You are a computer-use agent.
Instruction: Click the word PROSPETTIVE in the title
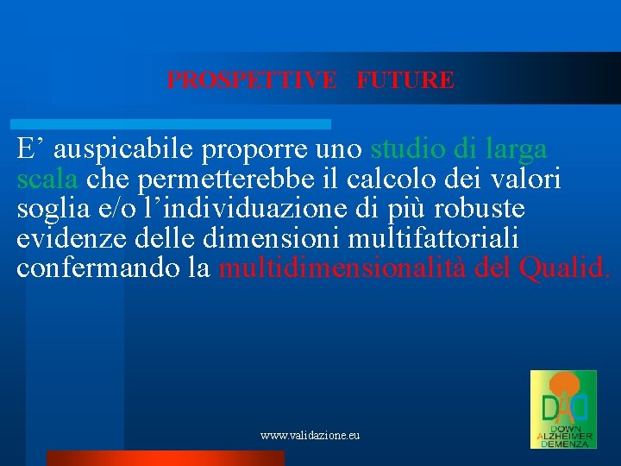pyautogui.click(x=251, y=80)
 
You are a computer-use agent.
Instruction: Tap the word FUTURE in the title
pyautogui.click(x=405, y=80)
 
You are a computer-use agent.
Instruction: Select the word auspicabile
pyautogui.click(x=124, y=150)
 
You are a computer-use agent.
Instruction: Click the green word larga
pyautogui.click(x=515, y=150)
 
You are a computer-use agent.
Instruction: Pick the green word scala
pyautogui.click(x=48, y=179)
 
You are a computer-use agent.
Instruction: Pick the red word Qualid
pyautogui.click(x=565, y=267)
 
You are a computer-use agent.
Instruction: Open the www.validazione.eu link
pyautogui.click(x=310, y=436)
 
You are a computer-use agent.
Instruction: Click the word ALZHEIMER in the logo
pyautogui.click(x=564, y=436)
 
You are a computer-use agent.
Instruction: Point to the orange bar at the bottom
pyautogui.click(x=164, y=458)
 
